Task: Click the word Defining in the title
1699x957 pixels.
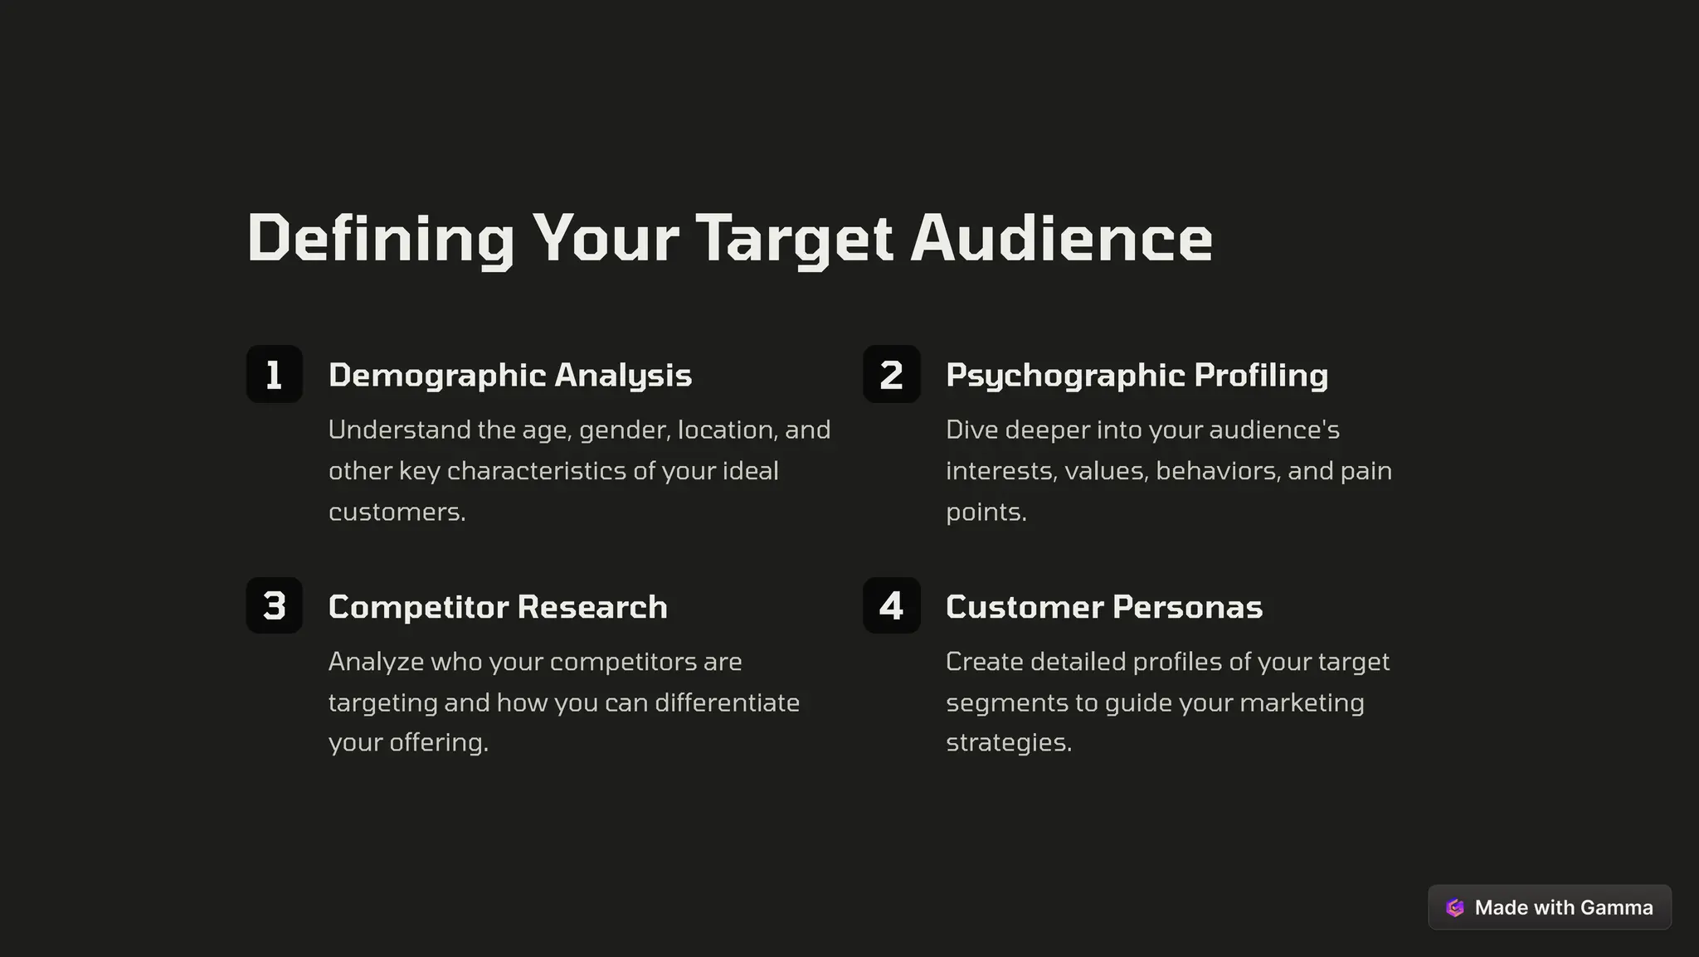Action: coord(381,239)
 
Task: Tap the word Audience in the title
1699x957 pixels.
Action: coord(1061,239)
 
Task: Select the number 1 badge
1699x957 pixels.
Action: coord(275,374)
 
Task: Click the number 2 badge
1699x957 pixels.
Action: coord(892,374)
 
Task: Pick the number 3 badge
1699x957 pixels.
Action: coord(275,605)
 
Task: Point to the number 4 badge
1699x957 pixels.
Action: coord(892,605)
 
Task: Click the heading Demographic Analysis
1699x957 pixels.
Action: coord(509,375)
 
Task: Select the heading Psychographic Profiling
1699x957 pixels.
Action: coord(1137,375)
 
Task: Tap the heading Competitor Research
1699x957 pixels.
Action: coord(498,606)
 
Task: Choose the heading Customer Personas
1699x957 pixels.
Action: coord(1104,606)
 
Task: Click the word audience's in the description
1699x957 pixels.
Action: coord(1274,430)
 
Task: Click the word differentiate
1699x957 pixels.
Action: coord(727,702)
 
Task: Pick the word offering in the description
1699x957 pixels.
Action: coord(438,742)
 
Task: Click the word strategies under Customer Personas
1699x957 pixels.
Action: coord(1009,742)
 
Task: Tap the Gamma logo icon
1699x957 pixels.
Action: coord(1455,907)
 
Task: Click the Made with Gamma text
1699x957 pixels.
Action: coord(1564,907)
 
